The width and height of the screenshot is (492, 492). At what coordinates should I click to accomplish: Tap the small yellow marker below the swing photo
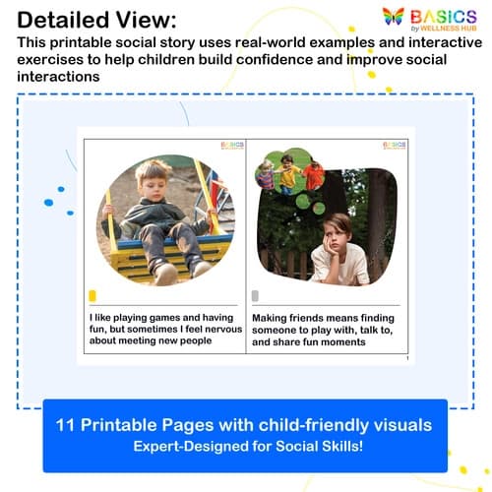92,295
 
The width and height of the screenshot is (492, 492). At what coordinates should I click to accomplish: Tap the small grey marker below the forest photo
256,295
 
